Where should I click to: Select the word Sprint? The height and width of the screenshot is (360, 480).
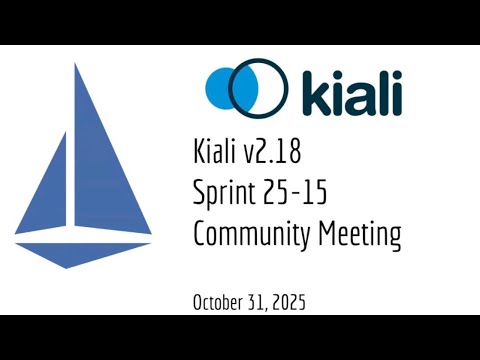pos(223,194)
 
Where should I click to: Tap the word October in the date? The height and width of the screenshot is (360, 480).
pos(217,301)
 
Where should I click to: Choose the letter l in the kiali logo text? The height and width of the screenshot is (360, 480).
pos(381,89)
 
